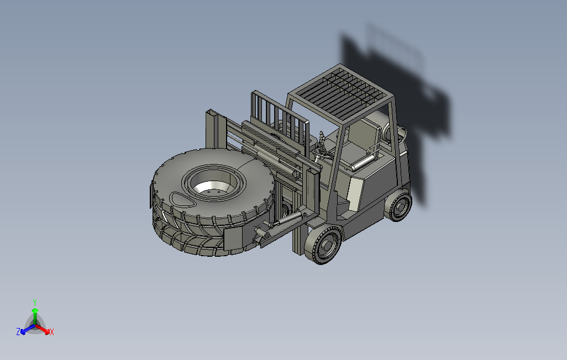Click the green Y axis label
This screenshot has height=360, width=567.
[35, 302]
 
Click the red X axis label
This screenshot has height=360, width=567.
[52, 332]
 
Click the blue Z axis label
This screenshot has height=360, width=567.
[18, 331]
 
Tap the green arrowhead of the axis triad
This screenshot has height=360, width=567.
[35, 310]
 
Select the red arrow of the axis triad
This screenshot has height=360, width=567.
[43, 329]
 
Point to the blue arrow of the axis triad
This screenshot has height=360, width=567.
[28, 329]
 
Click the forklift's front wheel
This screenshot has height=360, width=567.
[323, 245]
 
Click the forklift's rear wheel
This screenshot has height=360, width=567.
[398, 205]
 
